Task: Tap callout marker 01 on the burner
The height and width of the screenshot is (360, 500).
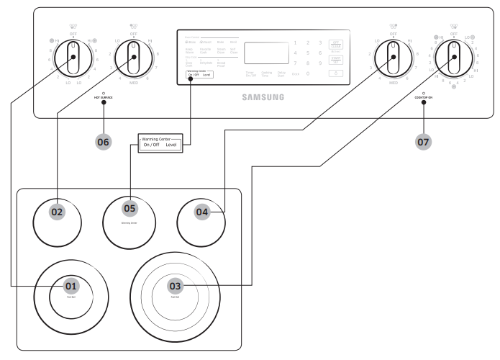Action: coord(71,286)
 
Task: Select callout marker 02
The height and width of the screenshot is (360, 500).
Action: coord(58,212)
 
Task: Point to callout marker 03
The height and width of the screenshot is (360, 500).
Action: coord(175,286)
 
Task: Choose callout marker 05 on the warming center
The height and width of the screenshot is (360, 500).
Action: coord(129,208)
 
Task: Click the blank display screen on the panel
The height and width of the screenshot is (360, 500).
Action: coord(263,53)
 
